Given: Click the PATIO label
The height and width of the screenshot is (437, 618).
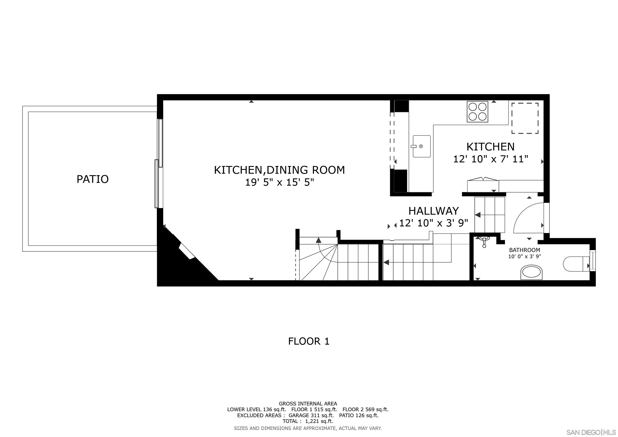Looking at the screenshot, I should [x=93, y=179].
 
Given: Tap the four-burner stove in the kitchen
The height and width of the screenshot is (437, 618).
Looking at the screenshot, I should [x=477, y=111].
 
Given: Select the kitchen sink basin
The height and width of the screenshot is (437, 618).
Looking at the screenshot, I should [x=421, y=146].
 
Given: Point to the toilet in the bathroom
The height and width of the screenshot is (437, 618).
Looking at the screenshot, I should [x=575, y=264].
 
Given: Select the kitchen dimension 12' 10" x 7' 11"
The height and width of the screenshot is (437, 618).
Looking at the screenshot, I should [x=490, y=159].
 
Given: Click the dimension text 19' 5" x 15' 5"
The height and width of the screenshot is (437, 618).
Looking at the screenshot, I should [x=279, y=182].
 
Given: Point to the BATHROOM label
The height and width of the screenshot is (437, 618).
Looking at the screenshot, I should [x=524, y=250].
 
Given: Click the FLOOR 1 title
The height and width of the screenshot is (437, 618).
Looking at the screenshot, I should [x=309, y=341].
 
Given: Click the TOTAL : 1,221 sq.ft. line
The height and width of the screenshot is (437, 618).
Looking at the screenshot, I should [x=308, y=421].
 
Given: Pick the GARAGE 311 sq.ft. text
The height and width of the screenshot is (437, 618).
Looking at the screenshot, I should [x=311, y=415].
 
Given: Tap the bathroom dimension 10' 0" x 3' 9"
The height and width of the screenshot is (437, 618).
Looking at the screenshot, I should [x=524, y=256].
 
